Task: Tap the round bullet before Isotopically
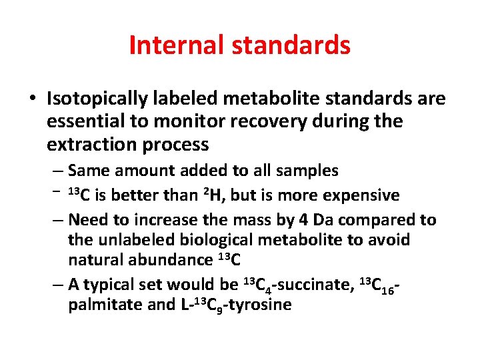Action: click(x=33, y=99)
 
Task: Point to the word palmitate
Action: click(x=101, y=305)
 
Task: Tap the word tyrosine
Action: click(x=259, y=305)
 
